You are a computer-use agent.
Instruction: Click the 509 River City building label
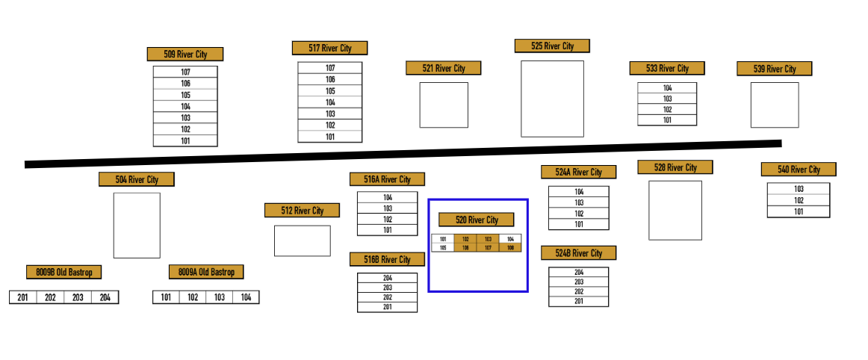click(185, 54)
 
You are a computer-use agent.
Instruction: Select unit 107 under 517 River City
click(329, 68)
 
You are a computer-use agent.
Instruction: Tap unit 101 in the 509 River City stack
click(185, 140)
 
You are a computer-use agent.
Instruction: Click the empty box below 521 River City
click(443, 105)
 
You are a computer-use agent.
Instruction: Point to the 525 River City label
click(552, 46)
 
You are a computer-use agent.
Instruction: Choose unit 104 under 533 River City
click(666, 88)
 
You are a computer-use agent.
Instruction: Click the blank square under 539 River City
click(774, 105)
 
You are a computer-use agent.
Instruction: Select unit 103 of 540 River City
click(798, 189)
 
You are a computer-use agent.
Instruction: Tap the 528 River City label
click(675, 167)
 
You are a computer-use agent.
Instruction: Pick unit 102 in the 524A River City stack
click(578, 214)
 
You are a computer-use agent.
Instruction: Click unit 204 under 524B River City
click(578, 273)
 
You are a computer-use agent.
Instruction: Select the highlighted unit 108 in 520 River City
click(510, 248)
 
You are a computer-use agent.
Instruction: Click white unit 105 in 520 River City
click(443, 248)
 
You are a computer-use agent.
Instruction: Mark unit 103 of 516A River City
click(387, 208)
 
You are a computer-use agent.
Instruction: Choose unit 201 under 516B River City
click(387, 307)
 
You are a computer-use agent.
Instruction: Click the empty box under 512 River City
click(302, 240)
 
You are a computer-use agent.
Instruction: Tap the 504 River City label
click(137, 179)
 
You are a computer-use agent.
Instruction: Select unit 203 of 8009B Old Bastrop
click(77, 297)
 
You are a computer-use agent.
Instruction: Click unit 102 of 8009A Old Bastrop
click(192, 297)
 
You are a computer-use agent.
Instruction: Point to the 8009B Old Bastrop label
click(63, 272)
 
